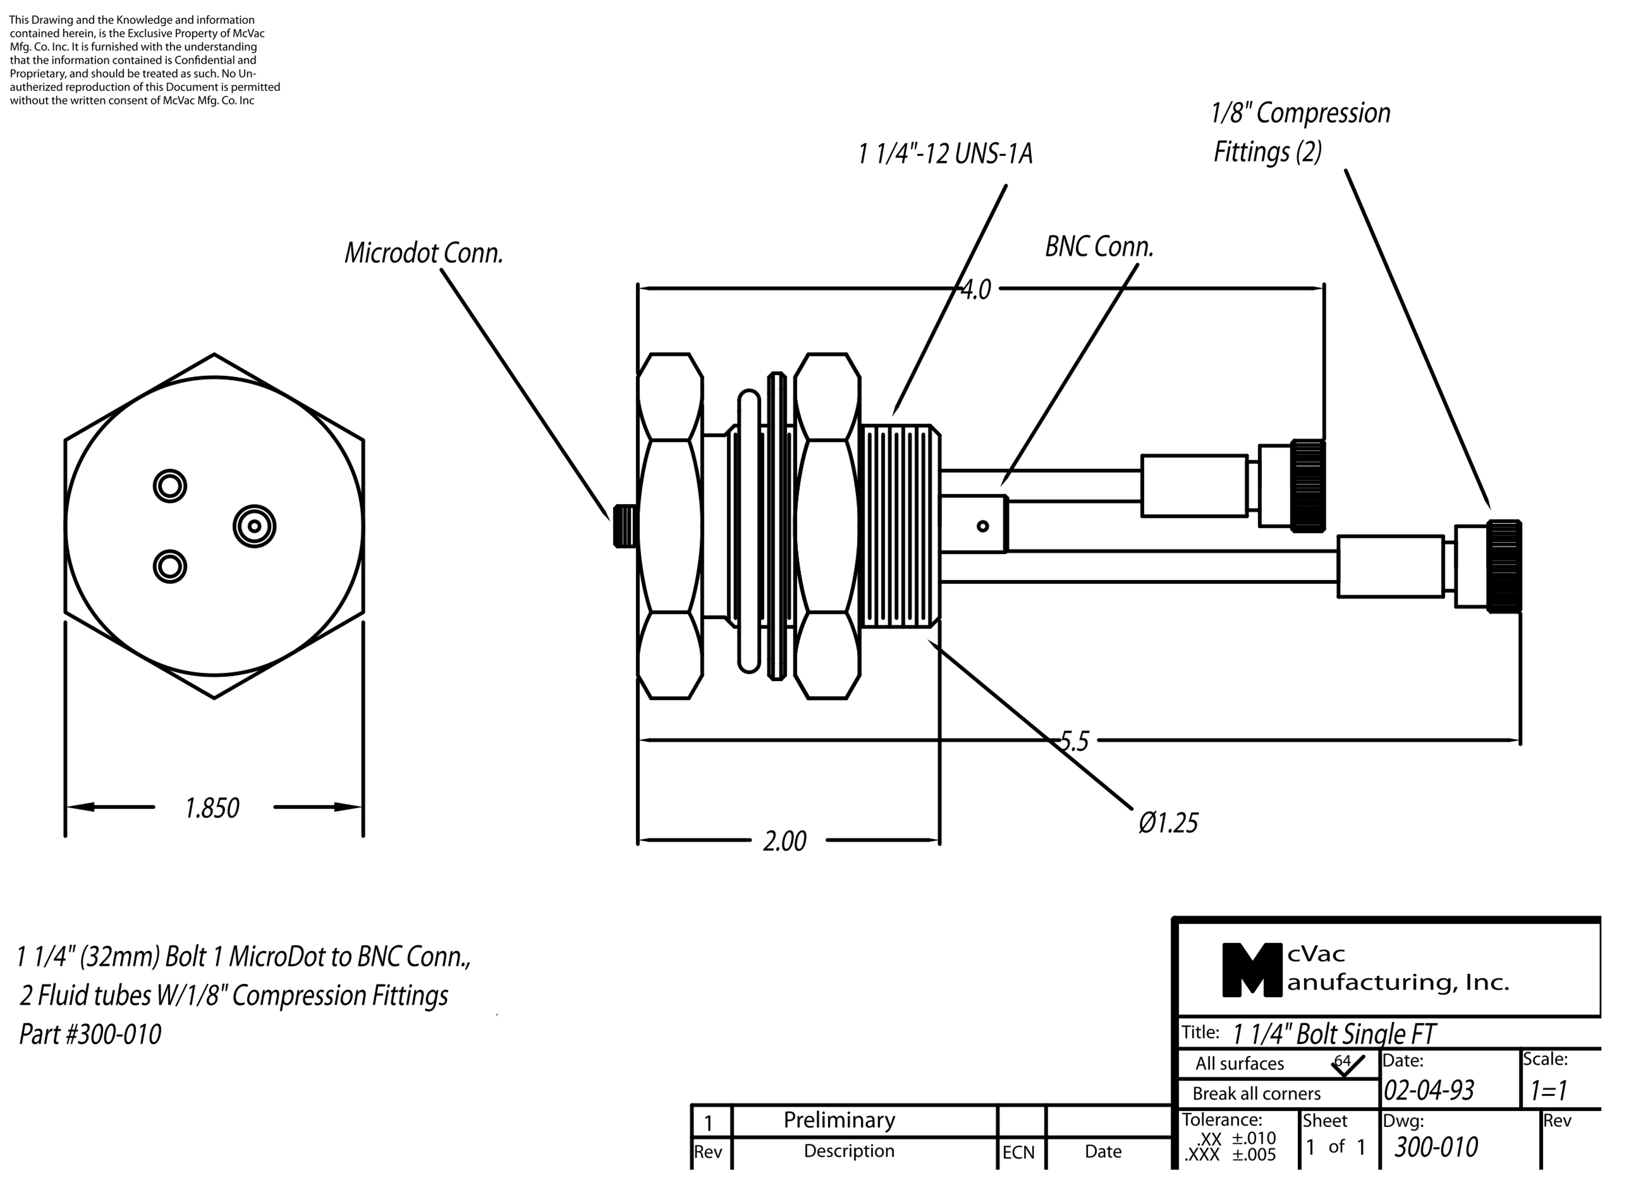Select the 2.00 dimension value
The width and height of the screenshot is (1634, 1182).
pyautogui.click(x=785, y=841)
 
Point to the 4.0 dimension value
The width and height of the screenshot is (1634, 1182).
pyautogui.click(x=977, y=289)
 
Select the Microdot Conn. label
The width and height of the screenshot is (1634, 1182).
pyautogui.click(x=423, y=253)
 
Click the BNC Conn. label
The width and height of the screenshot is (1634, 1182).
pyautogui.click(x=1099, y=247)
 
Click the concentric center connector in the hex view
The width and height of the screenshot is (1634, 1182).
pyautogui.click(x=254, y=526)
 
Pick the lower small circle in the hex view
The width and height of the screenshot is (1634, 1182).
pyautogui.click(x=170, y=566)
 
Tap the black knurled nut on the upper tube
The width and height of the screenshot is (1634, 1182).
pyautogui.click(x=1308, y=486)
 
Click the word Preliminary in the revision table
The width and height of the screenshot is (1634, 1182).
pyautogui.click(x=839, y=1120)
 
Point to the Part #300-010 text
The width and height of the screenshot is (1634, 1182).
pyautogui.click(x=90, y=1034)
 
